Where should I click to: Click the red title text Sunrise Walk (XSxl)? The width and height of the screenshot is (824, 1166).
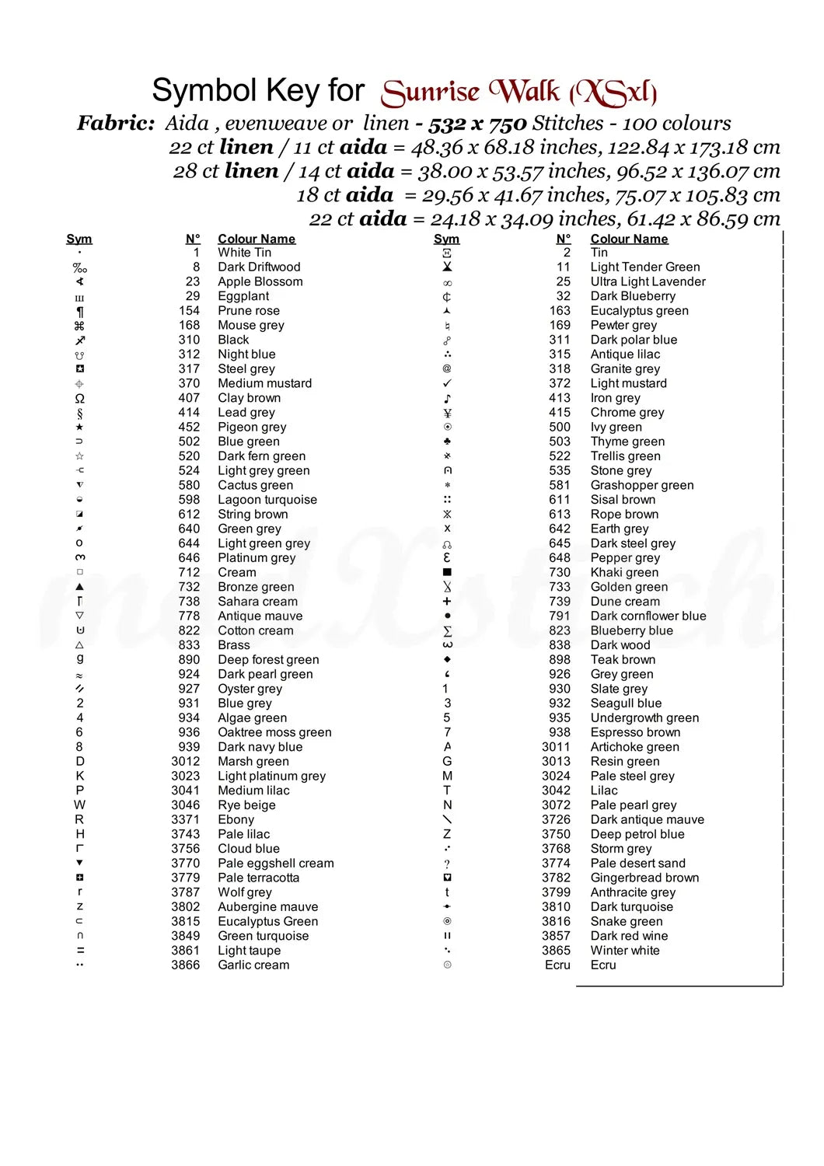519,93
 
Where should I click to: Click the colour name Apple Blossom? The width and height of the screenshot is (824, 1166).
260,281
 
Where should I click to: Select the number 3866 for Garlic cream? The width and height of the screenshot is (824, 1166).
186,965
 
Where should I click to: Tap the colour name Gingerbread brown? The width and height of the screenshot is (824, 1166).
644,878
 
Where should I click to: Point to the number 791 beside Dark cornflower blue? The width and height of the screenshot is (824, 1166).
560,616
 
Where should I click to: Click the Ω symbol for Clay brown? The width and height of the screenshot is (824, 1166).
79,398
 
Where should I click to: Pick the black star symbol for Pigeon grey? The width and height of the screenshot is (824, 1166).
79,427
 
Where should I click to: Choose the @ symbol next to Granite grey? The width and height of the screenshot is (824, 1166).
447,368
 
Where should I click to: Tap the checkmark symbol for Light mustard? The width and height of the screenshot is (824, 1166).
447,383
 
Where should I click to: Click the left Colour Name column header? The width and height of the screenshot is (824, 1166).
257,239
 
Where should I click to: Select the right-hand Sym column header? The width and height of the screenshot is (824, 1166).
446,239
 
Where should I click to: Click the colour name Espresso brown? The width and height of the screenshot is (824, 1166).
635,732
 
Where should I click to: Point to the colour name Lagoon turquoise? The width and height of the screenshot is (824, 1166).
267,500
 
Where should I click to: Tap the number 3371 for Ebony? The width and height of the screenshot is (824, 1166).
186,819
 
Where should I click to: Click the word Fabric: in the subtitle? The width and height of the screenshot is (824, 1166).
116,123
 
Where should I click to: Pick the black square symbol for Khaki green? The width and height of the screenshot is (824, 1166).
447,572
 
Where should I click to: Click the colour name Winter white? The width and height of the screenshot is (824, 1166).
624,950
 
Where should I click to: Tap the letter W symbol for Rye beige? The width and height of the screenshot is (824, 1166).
79,805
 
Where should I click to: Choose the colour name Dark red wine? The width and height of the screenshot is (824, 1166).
629,936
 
